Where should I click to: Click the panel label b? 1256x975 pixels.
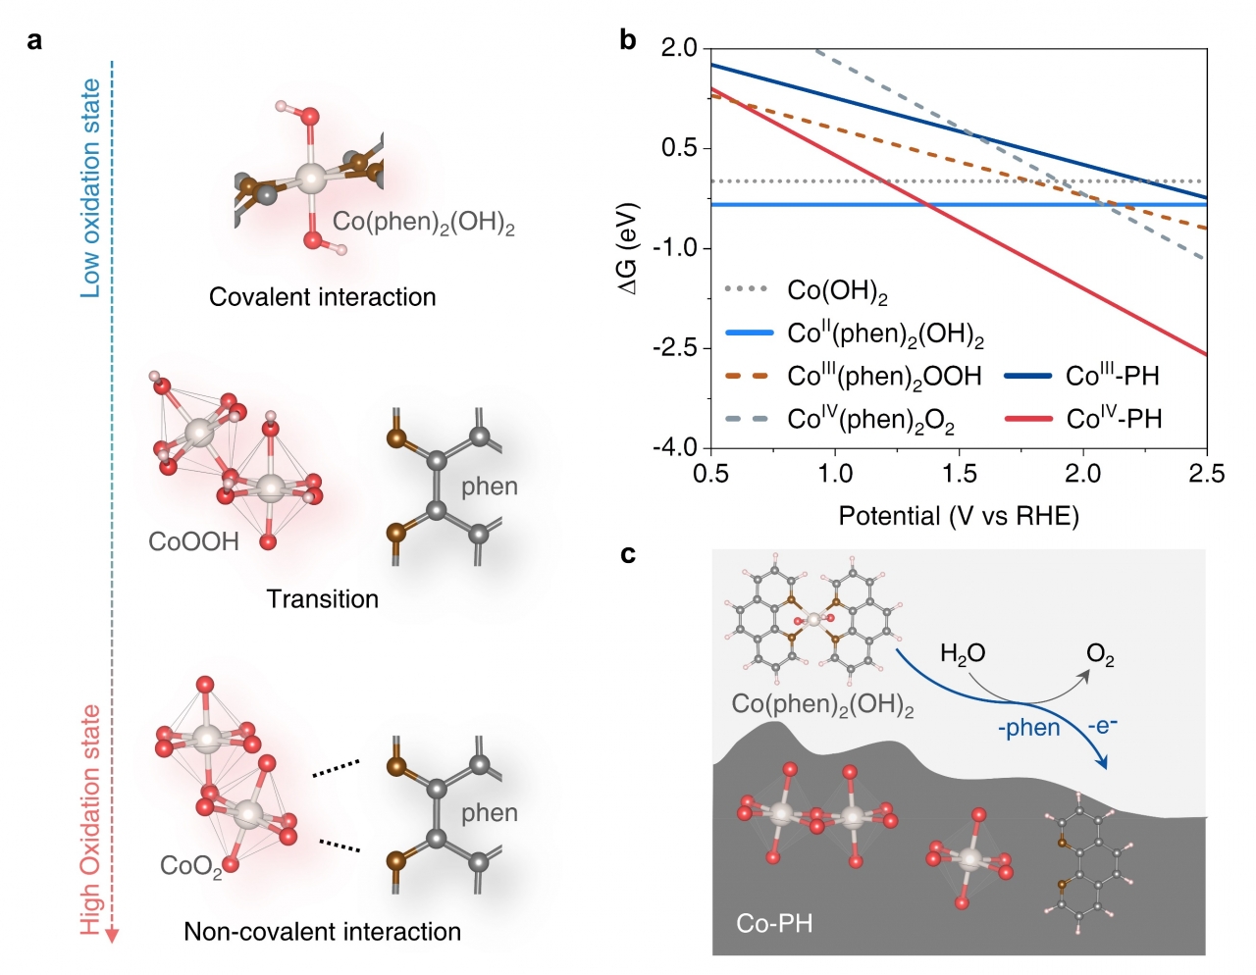coord(628,41)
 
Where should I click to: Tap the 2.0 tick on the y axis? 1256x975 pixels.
coord(679,48)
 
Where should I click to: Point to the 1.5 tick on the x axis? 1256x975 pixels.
coord(959,474)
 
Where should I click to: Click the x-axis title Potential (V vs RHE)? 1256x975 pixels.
coord(958,516)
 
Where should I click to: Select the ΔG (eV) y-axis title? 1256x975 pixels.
coord(629,249)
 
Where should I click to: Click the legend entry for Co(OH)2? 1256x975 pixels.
coord(837,291)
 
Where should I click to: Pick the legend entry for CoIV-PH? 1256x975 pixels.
coord(1114,419)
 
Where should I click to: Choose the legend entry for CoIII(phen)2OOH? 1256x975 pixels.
coord(883,377)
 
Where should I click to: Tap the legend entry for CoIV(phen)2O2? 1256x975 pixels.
coord(870,420)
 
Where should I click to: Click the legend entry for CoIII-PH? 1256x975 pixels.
coord(1112,376)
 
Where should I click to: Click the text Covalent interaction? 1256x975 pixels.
coord(322,297)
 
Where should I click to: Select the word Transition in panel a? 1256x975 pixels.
coord(322,599)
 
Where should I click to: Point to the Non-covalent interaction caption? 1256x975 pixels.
coord(322,932)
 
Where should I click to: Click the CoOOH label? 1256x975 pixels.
coord(193,541)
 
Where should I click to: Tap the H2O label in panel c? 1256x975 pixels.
coord(962,654)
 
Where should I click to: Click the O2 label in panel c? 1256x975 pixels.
coord(1100,654)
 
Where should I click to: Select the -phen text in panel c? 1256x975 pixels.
coord(1028,728)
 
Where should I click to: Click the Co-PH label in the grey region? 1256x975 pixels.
coord(774,923)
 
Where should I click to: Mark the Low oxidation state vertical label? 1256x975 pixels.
coord(90,188)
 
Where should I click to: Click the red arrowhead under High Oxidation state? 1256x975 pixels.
coord(112,935)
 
